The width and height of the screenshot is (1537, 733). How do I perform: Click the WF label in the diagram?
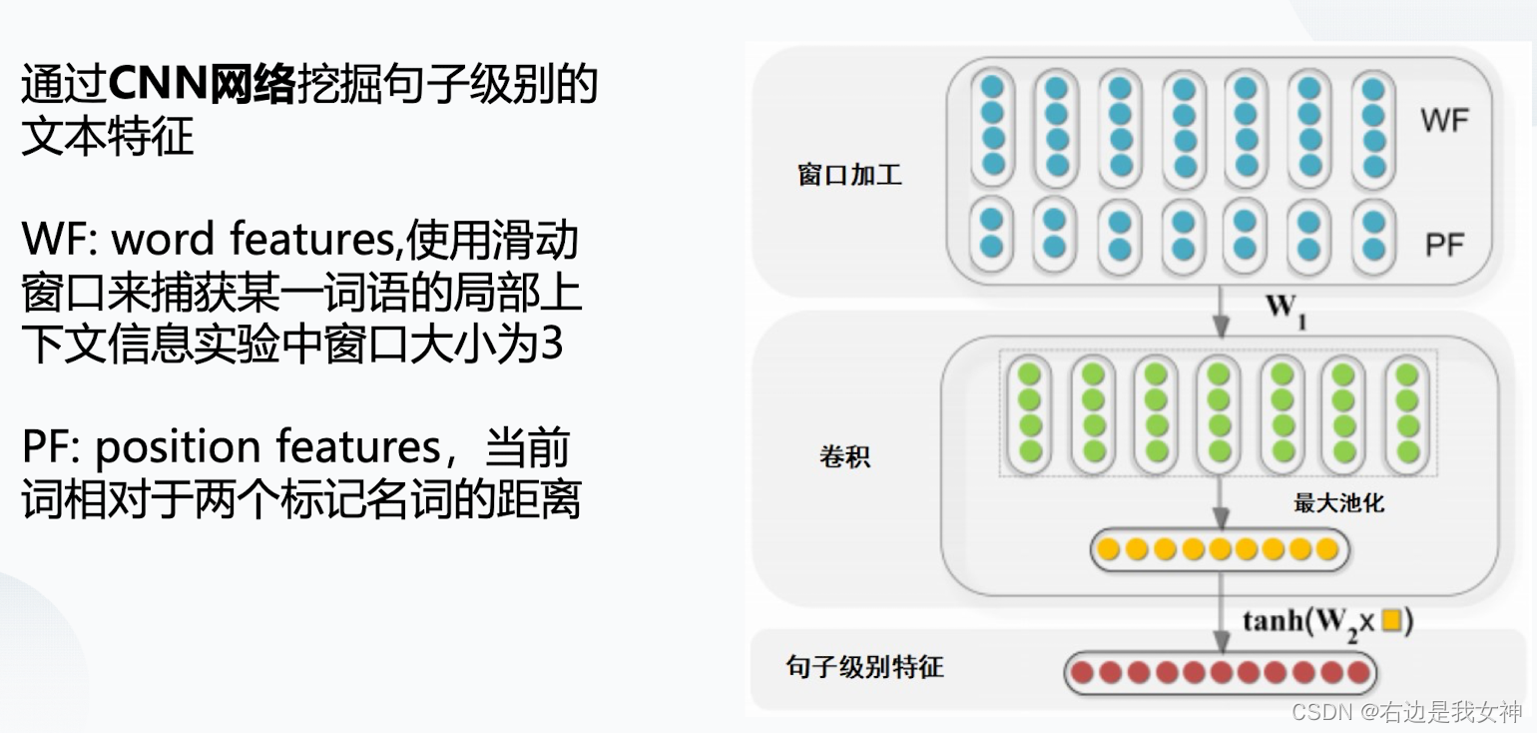(1444, 121)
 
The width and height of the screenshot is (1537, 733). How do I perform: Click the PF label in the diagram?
(1444, 244)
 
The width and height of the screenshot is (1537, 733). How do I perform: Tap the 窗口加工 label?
(849, 175)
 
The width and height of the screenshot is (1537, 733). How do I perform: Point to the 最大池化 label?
(1338, 503)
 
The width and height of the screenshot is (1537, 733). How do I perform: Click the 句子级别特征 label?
(864, 667)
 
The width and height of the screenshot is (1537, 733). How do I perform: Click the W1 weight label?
(1285, 308)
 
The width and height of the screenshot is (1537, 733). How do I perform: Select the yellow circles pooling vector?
(1219, 549)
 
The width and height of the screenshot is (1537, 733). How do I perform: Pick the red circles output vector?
(1220, 673)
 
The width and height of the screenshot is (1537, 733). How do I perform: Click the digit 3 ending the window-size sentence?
(552, 345)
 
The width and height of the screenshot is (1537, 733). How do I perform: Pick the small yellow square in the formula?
(1392, 621)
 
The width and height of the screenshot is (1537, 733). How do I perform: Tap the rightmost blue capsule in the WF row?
(1373, 128)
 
